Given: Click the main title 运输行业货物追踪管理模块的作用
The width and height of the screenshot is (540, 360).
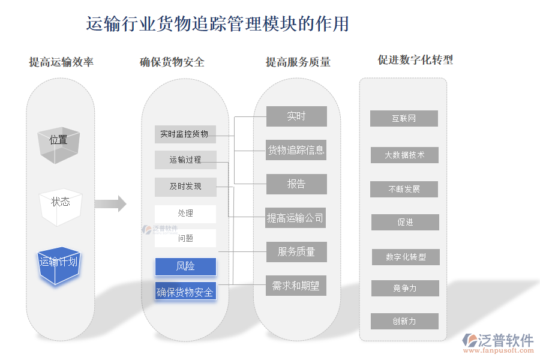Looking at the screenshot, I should pyautogui.click(x=218, y=24).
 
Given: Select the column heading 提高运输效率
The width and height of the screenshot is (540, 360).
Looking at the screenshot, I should pyautogui.click(x=61, y=62).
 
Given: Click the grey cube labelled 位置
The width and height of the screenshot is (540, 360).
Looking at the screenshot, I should pyautogui.click(x=59, y=143).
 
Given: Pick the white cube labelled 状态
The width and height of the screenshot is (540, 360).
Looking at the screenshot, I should pyautogui.click(x=60, y=205).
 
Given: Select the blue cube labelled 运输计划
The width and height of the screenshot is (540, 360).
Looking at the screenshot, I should pyautogui.click(x=58, y=265).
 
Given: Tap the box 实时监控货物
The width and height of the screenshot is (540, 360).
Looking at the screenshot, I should pyautogui.click(x=185, y=134).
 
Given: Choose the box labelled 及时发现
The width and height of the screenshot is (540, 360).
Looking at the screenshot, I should pyautogui.click(x=185, y=187).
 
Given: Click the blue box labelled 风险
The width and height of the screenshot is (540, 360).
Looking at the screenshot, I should pyautogui.click(x=185, y=266).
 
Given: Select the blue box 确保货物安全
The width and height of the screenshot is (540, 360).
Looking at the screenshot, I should pyautogui.click(x=185, y=292).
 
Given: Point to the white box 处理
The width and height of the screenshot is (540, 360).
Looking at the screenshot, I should pyautogui.click(x=185, y=214).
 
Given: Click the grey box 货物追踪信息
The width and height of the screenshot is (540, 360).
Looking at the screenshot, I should pyautogui.click(x=296, y=150).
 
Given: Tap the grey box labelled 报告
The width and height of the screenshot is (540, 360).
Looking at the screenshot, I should pyautogui.click(x=296, y=184).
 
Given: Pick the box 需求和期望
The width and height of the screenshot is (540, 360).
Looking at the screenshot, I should pyautogui.click(x=296, y=286).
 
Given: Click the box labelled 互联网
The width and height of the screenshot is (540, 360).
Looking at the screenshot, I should pyautogui.click(x=404, y=119).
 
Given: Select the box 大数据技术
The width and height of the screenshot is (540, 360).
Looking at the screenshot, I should pyautogui.click(x=404, y=155).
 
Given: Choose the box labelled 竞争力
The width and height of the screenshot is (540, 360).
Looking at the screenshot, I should pyautogui.click(x=404, y=289).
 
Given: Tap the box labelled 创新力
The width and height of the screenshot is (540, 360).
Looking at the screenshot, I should pyautogui.click(x=404, y=322).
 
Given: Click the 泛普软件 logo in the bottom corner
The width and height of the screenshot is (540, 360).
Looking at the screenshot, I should pyautogui.click(x=499, y=342).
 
